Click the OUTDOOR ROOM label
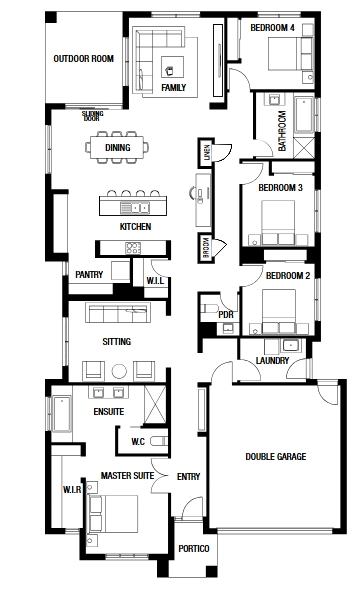click(83, 59)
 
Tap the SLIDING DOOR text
click(92, 116)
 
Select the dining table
click(117, 147)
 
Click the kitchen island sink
click(135, 207)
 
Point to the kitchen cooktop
click(133, 248)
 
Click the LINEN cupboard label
click(206, 152)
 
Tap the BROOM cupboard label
click(206, 248)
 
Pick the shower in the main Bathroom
click(304, 147)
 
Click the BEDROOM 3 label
click(280, 188)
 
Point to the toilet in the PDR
click(209, 308)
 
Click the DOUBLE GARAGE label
click(275, 456)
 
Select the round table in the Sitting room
click(119, 371)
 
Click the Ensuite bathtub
click(62, 413)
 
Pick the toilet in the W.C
click(158, 441)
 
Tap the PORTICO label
click(194, 548)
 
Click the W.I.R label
click(72, 490)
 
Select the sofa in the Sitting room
click(118, 313)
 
